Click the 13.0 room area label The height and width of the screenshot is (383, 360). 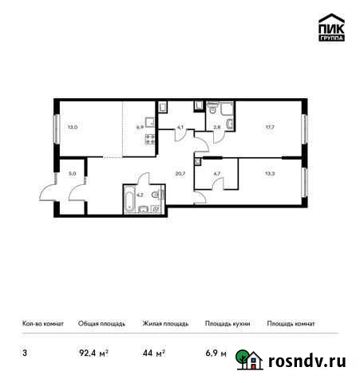click(73, 125)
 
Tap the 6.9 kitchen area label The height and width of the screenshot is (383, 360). click(140, 125)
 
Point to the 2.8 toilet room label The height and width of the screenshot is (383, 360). click(216, 125)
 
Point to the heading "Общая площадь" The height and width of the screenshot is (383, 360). click(101, 324)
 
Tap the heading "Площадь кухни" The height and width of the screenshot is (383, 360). click(227, 324)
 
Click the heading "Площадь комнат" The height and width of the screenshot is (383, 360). click(291, 324)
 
